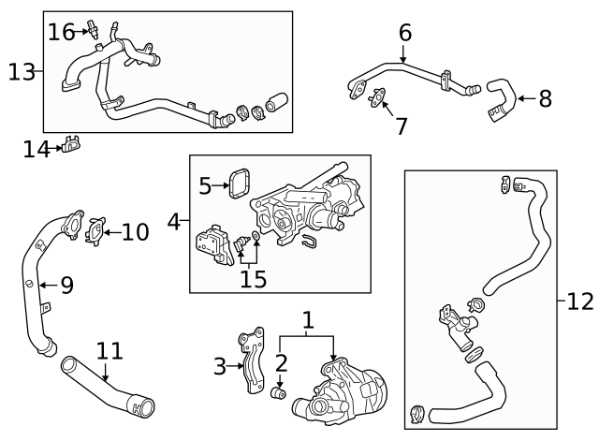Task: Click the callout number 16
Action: click(x=62, y=32)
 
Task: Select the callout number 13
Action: click(x=22, y=70)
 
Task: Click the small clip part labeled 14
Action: click(x=70, y=145)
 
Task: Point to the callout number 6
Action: click(x=404, y=33)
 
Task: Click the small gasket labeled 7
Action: click(x=377, y=97)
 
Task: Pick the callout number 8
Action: click(x=546, y=96)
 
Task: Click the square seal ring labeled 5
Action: click(x=241, y=184)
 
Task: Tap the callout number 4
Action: click(x=173, y=223)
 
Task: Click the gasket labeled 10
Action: click(x=95, y=230)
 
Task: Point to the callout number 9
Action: click(x=66, y=286)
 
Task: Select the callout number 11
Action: click(x=110, y=351)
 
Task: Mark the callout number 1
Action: click(x=307, y=322)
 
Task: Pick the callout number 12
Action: click(x=580, y=301)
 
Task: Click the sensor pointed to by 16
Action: click(x=94, y=28)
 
